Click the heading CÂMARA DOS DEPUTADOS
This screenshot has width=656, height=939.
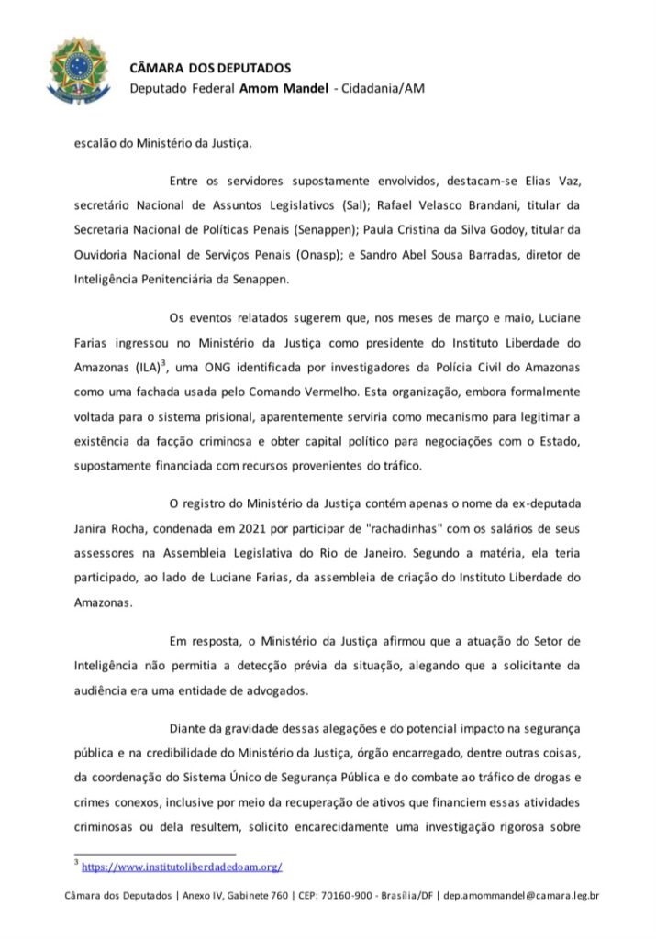(210, 68)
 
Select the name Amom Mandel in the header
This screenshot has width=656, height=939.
(283, 88)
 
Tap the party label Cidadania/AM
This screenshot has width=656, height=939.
(383, 88)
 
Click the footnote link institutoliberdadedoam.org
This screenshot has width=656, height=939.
(182, 866)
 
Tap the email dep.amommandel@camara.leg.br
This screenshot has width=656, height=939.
(521, 896)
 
